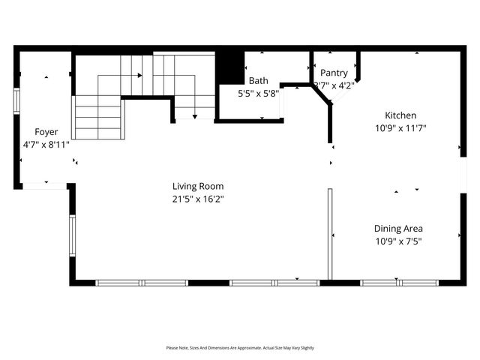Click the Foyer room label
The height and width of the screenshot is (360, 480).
(x=46, y=131)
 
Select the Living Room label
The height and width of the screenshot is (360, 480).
(x=198, y=187)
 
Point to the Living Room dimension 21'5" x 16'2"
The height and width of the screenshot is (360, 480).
(x=198, y=199)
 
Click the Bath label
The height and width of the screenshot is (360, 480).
(x=259, y=81)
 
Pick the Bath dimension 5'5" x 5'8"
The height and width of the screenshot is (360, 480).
(x=259, y=94)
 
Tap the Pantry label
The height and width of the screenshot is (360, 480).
(x=334, y=73)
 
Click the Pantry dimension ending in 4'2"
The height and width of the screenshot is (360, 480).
(x=334, y=85)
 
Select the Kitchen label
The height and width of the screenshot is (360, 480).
(x=400, y=115)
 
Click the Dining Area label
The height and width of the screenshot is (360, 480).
(x=399, y=229)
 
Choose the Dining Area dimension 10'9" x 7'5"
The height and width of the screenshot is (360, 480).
(x=399, y=241)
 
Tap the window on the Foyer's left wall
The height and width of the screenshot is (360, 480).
(x=16, y=100)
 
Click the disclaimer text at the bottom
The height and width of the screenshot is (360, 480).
(x=240, y=348)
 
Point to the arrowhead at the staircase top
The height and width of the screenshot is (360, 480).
(x=139, y=75)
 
